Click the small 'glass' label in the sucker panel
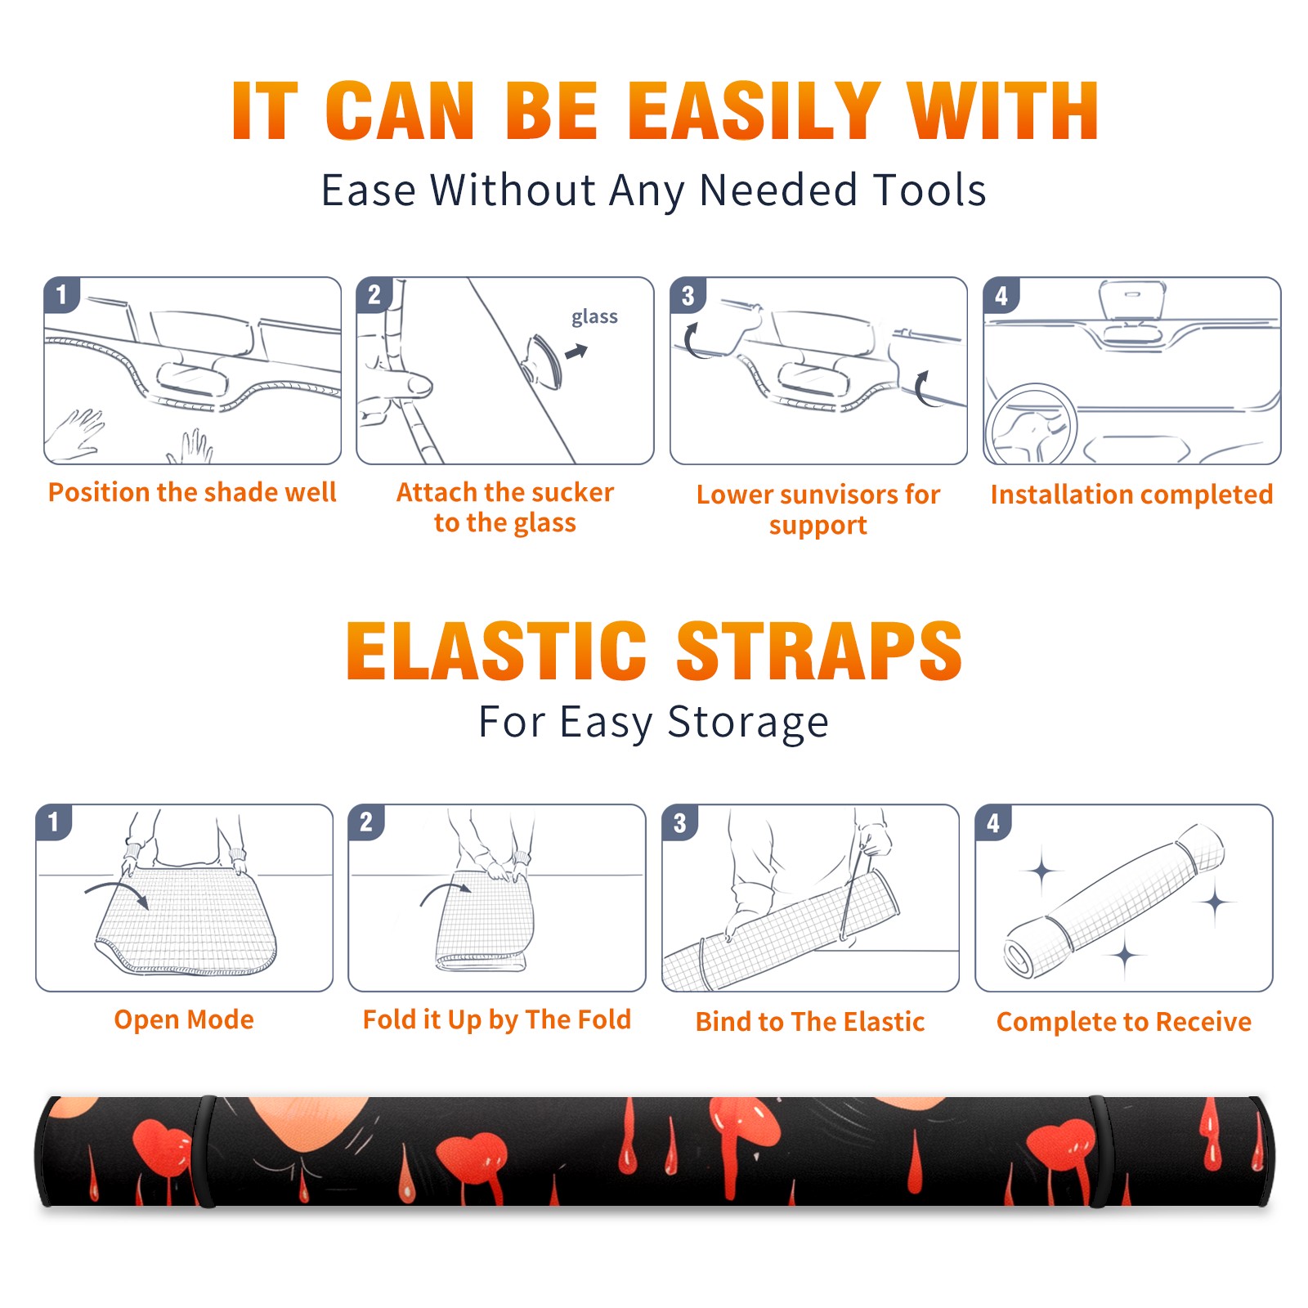[x=594, y=317]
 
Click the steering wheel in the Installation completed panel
[x=1031, y=425]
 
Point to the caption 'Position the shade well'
[x=192, y=492]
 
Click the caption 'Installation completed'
[x=1131, y=494]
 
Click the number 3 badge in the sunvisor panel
[x=688, y=295]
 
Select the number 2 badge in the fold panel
[x=365, y=822]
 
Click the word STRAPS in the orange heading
[x=820, y=651]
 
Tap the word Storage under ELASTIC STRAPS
[x=748, y=723]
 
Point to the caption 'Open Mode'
[x=184, y=1019]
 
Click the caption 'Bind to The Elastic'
[x=809, y=1022]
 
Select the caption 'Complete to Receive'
[x=1123, y=1022]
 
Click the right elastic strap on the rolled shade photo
[x=1100, y=1152]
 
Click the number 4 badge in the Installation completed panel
[x=1001, y=295]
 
